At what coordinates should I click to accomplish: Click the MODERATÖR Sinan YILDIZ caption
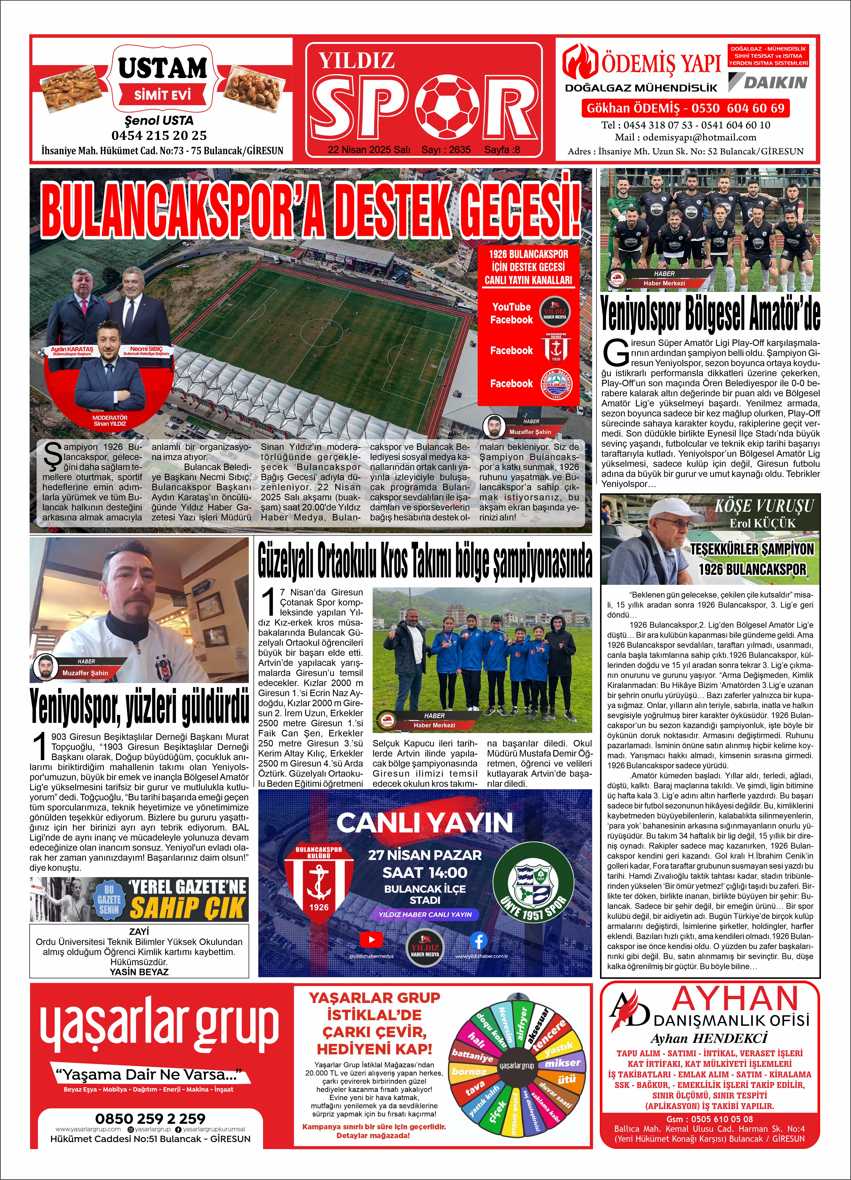(x=110, y=420)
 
